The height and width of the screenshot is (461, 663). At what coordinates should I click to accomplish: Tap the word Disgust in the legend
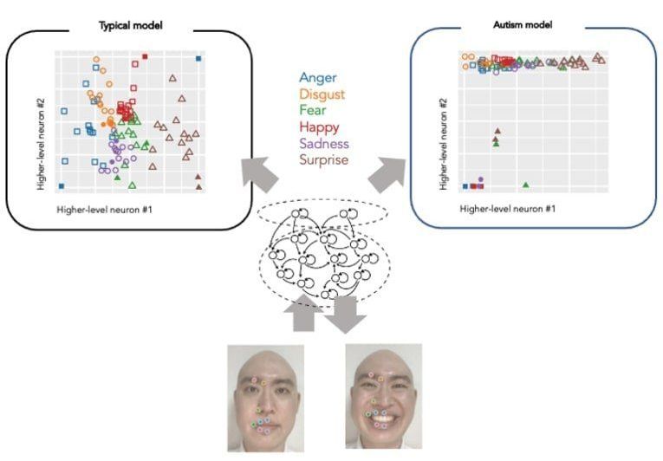point(319,94)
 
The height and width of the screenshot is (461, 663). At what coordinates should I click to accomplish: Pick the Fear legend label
point(311,110)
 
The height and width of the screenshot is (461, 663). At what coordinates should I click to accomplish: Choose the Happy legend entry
point(316,127)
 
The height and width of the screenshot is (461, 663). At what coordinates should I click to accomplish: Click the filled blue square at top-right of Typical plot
point(198,59)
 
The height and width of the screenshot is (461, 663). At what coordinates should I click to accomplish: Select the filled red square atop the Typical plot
point(146,57)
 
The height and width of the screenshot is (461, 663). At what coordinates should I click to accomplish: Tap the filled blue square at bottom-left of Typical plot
point(61,185)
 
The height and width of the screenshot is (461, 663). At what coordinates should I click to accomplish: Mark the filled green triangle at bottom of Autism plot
point(526,185)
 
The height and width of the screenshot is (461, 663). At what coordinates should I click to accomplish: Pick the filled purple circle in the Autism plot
point(481,179)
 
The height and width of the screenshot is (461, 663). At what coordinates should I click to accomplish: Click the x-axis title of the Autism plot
point(507,209)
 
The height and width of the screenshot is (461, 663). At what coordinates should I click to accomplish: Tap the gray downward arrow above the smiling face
point(351,314)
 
